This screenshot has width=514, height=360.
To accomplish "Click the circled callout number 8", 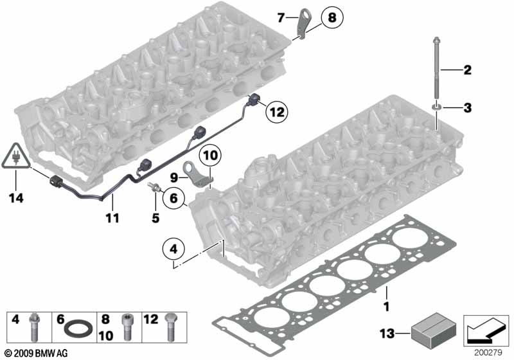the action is (x=332, y=17).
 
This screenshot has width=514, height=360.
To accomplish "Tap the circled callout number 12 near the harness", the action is (x=277, y=112).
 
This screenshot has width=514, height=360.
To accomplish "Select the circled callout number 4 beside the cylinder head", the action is (x=173, y=249).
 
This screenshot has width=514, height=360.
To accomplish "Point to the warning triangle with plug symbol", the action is (x=16, y=156).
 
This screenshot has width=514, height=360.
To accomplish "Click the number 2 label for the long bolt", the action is (x=467, y=70).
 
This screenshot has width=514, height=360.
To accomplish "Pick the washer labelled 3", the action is (x=437, y=107).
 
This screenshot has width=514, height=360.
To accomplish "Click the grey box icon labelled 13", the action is (x=433, y=331).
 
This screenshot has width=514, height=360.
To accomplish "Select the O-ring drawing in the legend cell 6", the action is (x=78, y=330).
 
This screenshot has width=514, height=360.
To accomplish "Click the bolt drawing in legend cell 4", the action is (x=34, y=327).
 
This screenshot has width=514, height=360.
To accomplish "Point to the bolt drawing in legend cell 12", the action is (x=172, y=327).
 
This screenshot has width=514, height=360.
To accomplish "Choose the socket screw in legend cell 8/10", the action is (x=127, y=328).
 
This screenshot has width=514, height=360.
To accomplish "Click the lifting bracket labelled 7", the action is (x=303, y=22).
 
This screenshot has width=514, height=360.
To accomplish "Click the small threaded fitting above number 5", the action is (x=154, y=186).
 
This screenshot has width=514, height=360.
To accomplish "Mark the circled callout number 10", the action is (x=210, y=155).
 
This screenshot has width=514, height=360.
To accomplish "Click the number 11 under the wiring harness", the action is (x=112, y=218).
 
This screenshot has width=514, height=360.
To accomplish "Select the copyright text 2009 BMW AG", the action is (x=37, y=353).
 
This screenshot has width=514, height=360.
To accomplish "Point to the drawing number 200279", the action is (x=488, y=353).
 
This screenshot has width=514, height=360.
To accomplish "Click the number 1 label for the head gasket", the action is (x=387, y=307).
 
